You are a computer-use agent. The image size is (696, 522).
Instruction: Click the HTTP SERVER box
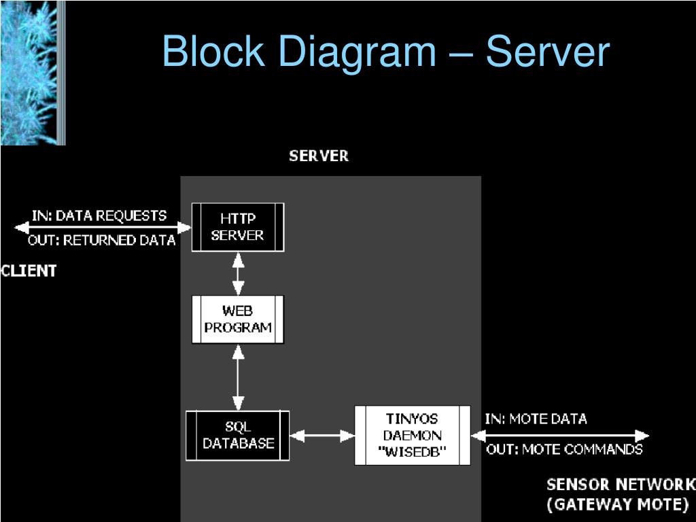tap(238, 227)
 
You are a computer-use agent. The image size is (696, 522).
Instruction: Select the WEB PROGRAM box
tap(238, 319)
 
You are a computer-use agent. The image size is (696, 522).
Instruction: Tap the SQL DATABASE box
tap(237, 436)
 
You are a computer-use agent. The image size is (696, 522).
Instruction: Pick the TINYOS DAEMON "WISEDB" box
tap(413, 436)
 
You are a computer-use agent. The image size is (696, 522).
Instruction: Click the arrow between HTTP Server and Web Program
tap(239, 274)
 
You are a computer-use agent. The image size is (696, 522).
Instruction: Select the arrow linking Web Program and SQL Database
tap(239, 377)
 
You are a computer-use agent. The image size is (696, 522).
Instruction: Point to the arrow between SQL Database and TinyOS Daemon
tap(322, 436)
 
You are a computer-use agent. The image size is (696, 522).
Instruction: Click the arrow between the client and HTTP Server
tap(103, 228)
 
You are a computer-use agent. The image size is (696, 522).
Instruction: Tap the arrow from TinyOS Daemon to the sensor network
tap(560, 436)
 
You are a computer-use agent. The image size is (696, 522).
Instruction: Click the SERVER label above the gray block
tap(319, 156)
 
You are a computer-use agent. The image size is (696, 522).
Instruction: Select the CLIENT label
tap(29, 271)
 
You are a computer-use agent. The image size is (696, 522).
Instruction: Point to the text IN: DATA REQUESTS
tap(99, 215)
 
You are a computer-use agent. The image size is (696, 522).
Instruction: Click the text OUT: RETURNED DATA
tap(102, 240)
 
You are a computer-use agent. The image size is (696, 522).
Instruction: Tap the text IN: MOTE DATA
tap(536, 419)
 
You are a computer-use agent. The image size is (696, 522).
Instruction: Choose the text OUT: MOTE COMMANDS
tap(564, 449)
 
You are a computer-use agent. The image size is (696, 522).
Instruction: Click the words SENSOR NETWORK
tap(621, 484)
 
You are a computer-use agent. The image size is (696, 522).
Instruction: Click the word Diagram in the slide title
tap(358, 52)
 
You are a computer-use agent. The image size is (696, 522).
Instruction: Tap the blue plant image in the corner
tap(33, 73)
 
